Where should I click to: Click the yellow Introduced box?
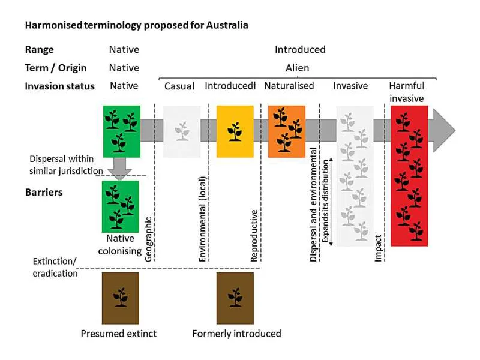click(235, 131)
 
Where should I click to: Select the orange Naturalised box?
click(287, 131)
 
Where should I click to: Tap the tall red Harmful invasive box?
click(409, 176)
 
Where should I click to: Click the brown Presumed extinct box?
click(121, 298)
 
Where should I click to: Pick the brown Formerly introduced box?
click(235, 298)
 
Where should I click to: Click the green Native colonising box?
click(121, 206)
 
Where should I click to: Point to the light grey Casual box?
click(182, 131)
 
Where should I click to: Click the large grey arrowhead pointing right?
click(444, 130)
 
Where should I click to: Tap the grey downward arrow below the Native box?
click(119, 169)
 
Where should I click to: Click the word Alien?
click(297, 68)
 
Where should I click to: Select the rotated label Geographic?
click(148, 239)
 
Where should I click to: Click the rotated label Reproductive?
click(254, 235)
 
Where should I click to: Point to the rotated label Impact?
click(378, 248)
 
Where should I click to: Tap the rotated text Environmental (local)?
click(202, 219)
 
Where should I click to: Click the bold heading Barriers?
click(44, 192)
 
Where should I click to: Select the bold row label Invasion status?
click(59, 86)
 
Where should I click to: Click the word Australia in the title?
click(227, 25)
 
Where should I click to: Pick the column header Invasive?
click(350, 86)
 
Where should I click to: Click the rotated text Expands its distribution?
click(325, 201)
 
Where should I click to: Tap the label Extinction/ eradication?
click(55, 267)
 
